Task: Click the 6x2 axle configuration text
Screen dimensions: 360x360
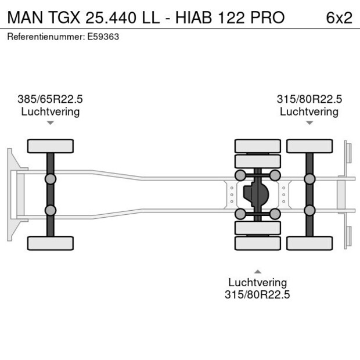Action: (x=339, y=17)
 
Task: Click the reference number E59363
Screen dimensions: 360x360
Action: (x=107, y=37)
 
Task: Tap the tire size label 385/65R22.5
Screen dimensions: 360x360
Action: (x=51, y=99)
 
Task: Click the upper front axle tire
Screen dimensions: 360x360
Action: (x=51, y=146)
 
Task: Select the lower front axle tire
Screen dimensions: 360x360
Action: (x=51, y=243)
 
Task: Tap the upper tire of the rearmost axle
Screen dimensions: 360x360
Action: (x=309, y=146)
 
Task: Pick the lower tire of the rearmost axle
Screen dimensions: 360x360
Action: (x=309, y=243)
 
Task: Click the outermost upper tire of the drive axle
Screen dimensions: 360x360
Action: (x=257, y=146)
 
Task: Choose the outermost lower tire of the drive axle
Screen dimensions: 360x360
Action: (x=257, y=243)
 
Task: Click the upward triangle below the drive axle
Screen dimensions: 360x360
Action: (x=257, y=271)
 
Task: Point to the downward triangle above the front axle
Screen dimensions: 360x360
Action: (x=51, y=123)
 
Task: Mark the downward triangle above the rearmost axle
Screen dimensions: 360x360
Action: (x=309, y=123)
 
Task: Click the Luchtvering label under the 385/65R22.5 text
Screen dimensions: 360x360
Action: (x=51, y=111)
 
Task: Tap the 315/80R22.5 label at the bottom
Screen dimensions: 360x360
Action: (x=257, y=294)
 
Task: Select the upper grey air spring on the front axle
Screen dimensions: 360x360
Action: (x=51, y=179)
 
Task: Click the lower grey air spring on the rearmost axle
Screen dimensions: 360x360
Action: (x=309, y=210)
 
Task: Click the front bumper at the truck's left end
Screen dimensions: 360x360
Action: (x=10, y=195)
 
